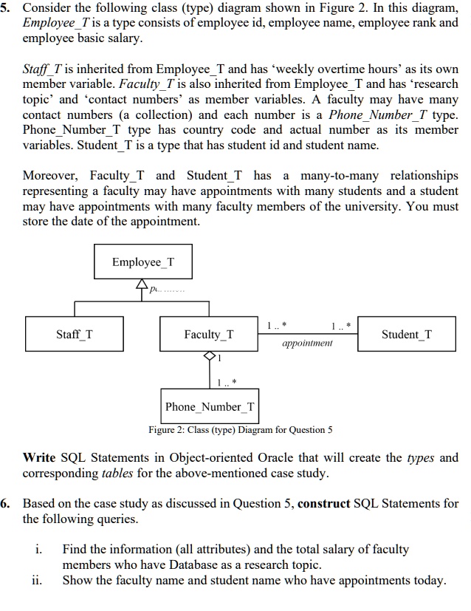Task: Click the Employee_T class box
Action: click(x=143, y=262)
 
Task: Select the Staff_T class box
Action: click(x=75, y=335)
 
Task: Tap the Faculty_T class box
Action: click(x=209, y=335)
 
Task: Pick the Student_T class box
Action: click(x=407, y=335)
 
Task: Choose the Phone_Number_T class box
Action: click(x=210, y=406)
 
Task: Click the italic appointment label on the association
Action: click(x=307, y=343)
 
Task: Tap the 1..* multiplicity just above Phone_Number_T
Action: click(x=227, y=382)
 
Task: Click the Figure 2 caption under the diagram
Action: click(x=240, y=429)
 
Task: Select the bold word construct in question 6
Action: click(x=329, y=504)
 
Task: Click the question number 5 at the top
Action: click(x=6, y=7)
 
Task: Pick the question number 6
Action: click(x=6, y=504)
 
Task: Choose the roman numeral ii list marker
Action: click(x=40, y=580)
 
